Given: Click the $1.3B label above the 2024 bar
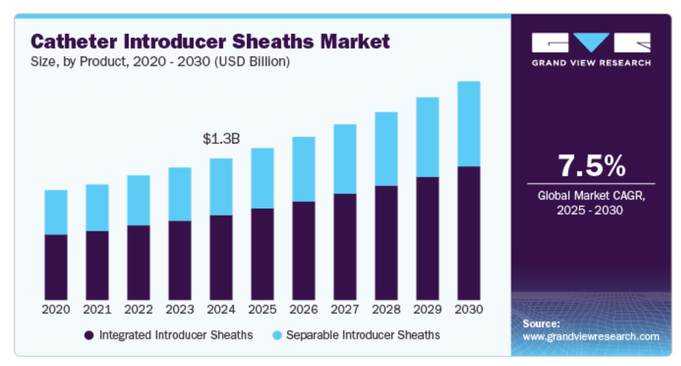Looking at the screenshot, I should point(221,139).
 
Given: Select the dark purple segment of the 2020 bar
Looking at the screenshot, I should point(56,266).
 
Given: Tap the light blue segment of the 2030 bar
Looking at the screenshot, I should point(469,124).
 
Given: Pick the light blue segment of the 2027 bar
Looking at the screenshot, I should point(345,158).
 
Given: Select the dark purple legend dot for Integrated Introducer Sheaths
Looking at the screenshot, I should point(89,335).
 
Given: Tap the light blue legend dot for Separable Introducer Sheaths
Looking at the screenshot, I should point(277,335).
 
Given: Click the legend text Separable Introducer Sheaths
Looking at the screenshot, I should point(363,335).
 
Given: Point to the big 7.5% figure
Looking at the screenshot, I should point(591,167).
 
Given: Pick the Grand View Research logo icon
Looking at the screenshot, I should point(591,43).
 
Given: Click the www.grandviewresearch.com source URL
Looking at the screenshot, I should point(591,337).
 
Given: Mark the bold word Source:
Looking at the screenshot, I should point(541,323).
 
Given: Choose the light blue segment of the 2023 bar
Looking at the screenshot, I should point(180,194).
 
